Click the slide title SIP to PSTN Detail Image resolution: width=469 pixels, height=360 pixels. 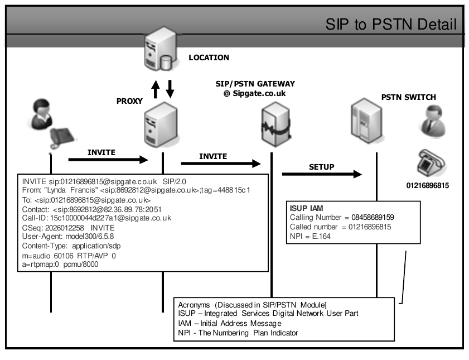tap(392, 25)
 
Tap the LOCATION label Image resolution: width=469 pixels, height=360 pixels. tap(209, 57)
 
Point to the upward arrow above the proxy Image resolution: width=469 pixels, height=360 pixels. tap(157, 89)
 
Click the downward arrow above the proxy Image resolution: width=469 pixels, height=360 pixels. tap(171, 88)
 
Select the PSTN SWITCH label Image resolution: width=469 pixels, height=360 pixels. tap(408, 97)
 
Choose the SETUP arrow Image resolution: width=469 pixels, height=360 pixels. tap(322, 175)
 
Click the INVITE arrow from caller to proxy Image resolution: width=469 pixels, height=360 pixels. tap(108, 160)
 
